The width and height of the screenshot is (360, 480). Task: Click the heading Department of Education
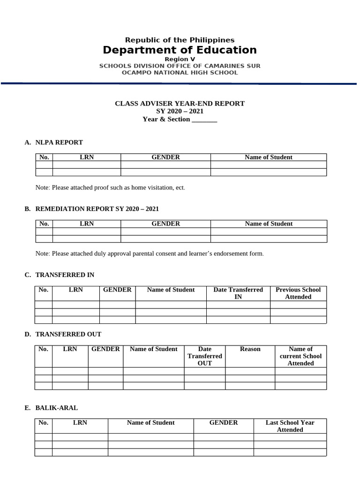click(180, 50)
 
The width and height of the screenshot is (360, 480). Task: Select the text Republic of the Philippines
click(180, 40)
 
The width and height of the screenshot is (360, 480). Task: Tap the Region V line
click(180, 60)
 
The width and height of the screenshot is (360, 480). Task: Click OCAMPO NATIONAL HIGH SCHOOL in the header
click(180, 73)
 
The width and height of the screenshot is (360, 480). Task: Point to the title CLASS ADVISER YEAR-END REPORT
click(180, 104)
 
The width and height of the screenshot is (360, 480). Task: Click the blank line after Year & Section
click(205, 120)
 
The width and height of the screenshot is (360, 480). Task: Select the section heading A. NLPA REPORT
click(54, 142)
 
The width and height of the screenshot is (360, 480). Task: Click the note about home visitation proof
click(110, 187)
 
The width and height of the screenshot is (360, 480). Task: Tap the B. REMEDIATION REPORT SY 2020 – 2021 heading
click(95, 209)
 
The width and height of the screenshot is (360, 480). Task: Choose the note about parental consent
click(150, 254)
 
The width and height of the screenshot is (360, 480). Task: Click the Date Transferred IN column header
click(238, 293)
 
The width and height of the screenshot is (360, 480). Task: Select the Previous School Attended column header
click(298, 293)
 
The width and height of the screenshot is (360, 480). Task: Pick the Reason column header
click(250, 349)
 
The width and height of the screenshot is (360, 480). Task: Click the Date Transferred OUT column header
click(205, 356)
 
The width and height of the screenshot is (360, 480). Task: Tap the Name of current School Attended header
click(300, 356)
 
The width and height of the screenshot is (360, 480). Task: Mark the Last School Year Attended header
click(290, 426)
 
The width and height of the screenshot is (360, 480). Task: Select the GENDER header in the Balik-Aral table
click(224, 423)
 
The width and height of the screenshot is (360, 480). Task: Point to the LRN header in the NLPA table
click(87, 157)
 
